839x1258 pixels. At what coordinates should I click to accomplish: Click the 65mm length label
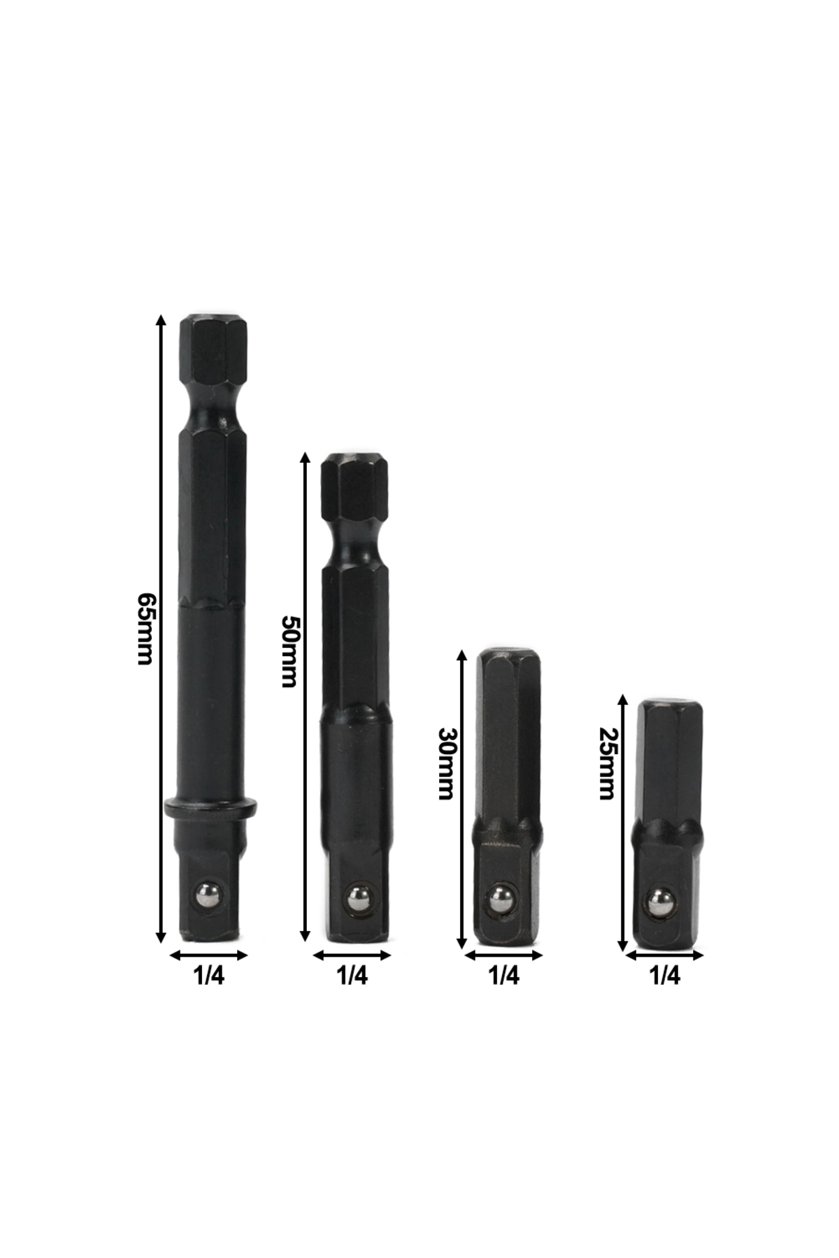click(145, 629)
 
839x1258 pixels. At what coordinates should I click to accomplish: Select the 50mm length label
click(289, 651)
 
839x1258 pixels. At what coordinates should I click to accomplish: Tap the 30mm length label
click(446, 763)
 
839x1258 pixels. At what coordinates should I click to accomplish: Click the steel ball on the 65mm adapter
click(210, 896)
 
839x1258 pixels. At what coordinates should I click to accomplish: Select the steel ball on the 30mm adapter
click(501, 899)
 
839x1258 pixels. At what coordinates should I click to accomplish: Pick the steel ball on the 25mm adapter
click(661, 902)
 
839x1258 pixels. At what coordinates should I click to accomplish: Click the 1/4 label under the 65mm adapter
click(208, 976)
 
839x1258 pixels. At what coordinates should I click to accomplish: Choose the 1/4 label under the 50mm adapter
click(352, 976)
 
